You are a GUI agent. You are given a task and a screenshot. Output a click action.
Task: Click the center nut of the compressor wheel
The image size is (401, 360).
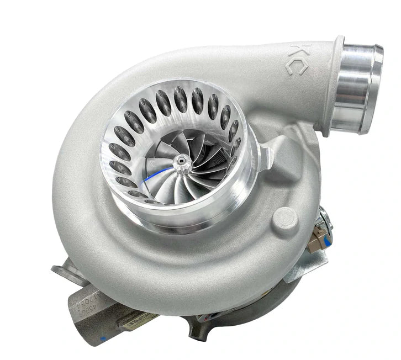(180, 160)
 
